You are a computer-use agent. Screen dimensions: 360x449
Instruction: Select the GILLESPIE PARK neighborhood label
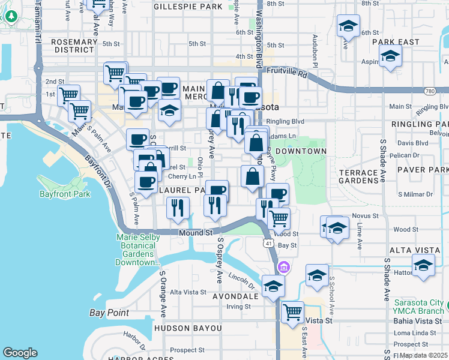pos(188,7)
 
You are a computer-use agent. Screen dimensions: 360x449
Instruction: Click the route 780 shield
pos(429,91)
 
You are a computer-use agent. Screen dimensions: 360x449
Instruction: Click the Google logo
pos(20,353)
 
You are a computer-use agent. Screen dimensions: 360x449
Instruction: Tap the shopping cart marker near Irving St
pos(292,312)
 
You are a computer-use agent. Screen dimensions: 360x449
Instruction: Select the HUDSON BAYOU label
pos(188,328)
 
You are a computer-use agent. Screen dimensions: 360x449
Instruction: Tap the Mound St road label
pos(196,232)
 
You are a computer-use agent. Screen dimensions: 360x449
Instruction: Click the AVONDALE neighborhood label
pos(236,296)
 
